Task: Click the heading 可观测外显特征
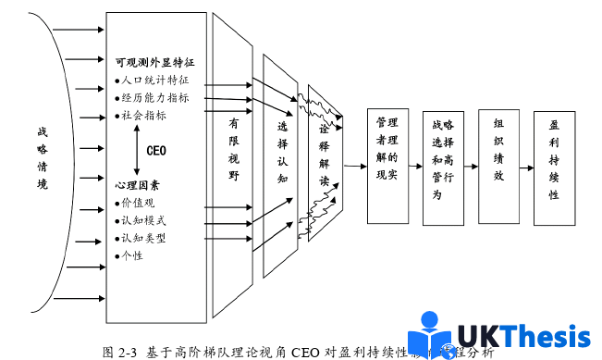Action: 158,64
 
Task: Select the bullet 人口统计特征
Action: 156,81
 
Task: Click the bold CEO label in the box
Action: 157,150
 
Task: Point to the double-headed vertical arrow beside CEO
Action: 136,150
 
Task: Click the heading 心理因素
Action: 138,185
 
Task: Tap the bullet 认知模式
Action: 149,220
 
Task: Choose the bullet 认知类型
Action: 149,238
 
